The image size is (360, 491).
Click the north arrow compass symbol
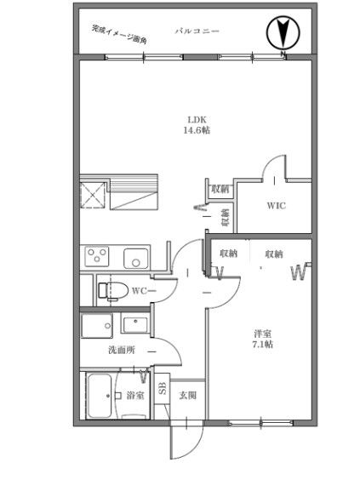pyautogui.click(x=283, y=33)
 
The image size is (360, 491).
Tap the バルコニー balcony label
pyautogui.click(x=197, y=31)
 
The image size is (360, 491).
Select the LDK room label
pyautogui.click(x=197, y=120)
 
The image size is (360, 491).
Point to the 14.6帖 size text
pyautogui.click(x=197, y=130)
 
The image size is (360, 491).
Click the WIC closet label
pyautogui.click(x=276, y=206)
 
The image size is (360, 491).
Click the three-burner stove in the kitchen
pyautogui.click(x=97, y=256)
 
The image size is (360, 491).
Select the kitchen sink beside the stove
pyautogui.click(x=135, y=259)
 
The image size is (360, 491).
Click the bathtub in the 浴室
pyautogui.click(x=100, y=396)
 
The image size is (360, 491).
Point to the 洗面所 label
pyautogui.click(x=122, y=350)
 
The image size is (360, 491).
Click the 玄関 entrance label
pyautogui.click(x=187, y=396)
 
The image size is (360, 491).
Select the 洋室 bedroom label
pyautogui.click(x=263, y=334)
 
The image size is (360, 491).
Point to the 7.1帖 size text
pyautogui.click(x=263, y=344)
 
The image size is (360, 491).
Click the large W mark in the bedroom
pyautogui.click(x=299, y=273)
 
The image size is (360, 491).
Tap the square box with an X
pyautogui.click(x=93, y=195)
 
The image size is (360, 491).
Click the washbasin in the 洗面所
pyautogui.click(x=135, y=325)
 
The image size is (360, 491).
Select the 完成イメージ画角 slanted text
pyautogui.click(x=119, y=34)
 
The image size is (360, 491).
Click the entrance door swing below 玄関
pyautogui.click(x=187, y=440)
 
